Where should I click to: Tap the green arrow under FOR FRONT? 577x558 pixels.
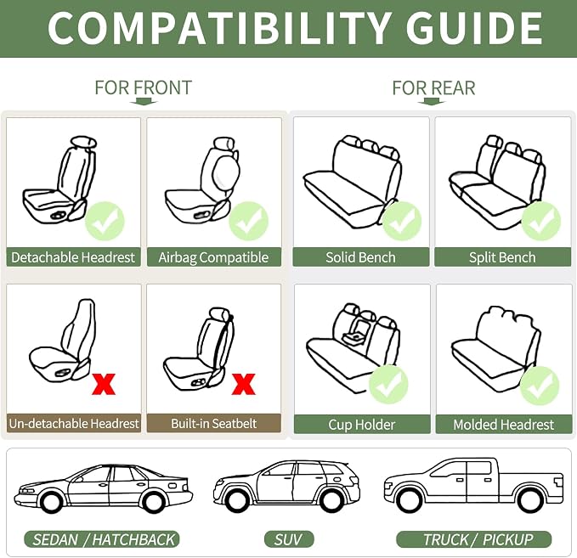pos(144,102)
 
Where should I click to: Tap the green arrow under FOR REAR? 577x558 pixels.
pos(432,102)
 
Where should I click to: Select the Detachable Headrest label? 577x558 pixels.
pos(73,257)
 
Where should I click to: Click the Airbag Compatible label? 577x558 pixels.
pos(214,257)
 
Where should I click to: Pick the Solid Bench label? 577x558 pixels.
pos(361,257)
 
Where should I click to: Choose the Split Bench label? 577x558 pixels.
pos(503,257)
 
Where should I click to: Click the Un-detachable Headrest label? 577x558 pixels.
pos(74,423)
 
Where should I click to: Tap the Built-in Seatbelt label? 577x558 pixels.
pos(214,423)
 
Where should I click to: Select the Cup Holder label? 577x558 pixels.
pos(362,425)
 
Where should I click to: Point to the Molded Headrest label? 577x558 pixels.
pos(504,425)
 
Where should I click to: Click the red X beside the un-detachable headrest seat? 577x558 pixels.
pos(104,384)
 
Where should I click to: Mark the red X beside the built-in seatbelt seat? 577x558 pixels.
pos(244,384)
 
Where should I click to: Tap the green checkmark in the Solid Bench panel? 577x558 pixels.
pos(402,221)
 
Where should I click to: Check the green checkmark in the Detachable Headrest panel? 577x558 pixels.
pos(105,221)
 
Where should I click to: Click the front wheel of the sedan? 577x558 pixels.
pos(49,500)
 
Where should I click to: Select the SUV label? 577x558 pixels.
pos(289,539)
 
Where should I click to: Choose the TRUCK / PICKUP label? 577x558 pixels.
pos(474,539)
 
